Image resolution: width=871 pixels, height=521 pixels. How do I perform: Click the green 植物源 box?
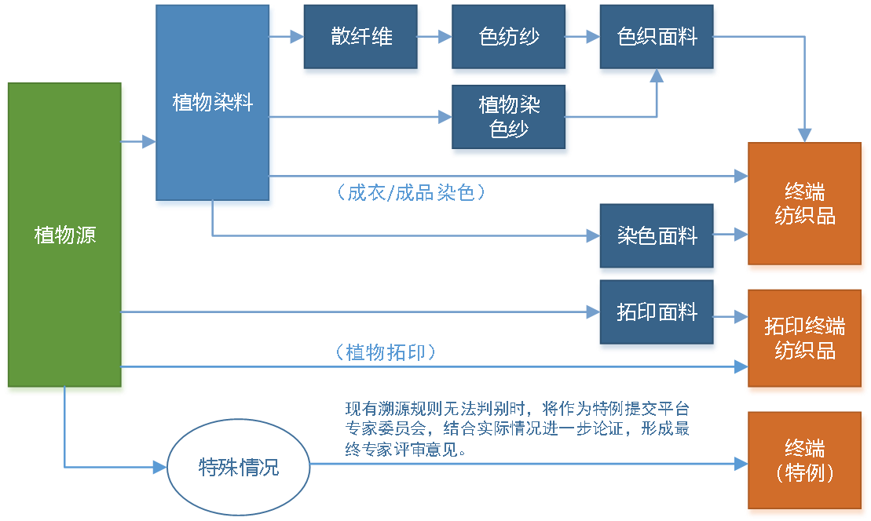coord(65,235)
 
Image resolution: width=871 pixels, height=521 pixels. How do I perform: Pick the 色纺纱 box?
coord(509,37)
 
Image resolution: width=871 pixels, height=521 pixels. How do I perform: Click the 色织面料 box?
coord(657,37)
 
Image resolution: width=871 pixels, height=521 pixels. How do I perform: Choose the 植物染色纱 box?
coord(509,117)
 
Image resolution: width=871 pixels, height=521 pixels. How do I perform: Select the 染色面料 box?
coord(657,235)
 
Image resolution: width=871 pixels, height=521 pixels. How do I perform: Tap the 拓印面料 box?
coord(657,312)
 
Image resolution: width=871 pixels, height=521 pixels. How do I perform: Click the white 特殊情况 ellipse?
coord(239,468)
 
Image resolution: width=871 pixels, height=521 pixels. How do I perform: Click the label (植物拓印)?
coord(385,352)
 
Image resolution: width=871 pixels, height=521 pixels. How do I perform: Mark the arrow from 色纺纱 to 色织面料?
coord(581,36)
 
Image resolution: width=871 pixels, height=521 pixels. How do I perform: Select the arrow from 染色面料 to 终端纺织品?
coord(730,234)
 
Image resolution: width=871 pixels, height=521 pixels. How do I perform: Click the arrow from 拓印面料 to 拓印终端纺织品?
coord(730,317)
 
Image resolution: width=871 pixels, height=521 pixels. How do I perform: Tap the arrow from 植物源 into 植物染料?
coord(141,142)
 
